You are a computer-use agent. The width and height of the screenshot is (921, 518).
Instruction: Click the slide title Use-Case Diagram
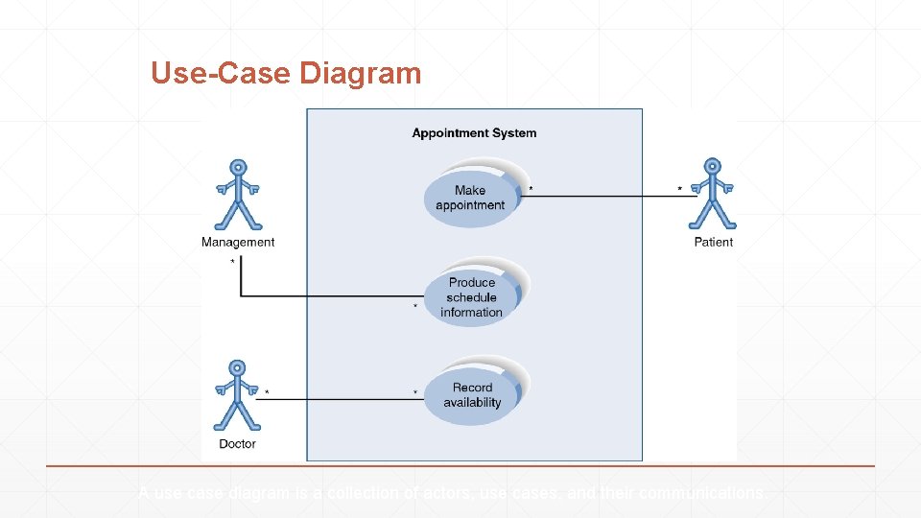(286, 73)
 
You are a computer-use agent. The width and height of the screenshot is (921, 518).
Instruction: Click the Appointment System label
(474, 133)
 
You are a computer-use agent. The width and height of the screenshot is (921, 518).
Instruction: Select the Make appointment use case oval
(470, 198)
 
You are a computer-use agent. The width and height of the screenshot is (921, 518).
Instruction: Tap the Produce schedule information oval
(471, 296)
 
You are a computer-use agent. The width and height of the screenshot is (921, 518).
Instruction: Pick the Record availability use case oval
(472, 395)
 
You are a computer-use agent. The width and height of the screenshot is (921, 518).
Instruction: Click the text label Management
(238, 243)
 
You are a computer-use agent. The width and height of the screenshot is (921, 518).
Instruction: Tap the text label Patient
(713, 243)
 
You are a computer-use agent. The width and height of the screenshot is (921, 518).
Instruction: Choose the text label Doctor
(237, 444)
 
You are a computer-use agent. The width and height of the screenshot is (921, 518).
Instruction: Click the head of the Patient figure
(712, 166)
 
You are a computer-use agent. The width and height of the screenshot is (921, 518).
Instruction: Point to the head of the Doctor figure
(236, 367)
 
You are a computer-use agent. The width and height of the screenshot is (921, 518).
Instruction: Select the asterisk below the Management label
(232, 262)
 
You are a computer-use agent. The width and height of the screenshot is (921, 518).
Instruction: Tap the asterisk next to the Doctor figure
(267, 392)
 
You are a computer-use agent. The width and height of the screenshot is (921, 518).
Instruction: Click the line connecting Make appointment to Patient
(604, 197)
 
